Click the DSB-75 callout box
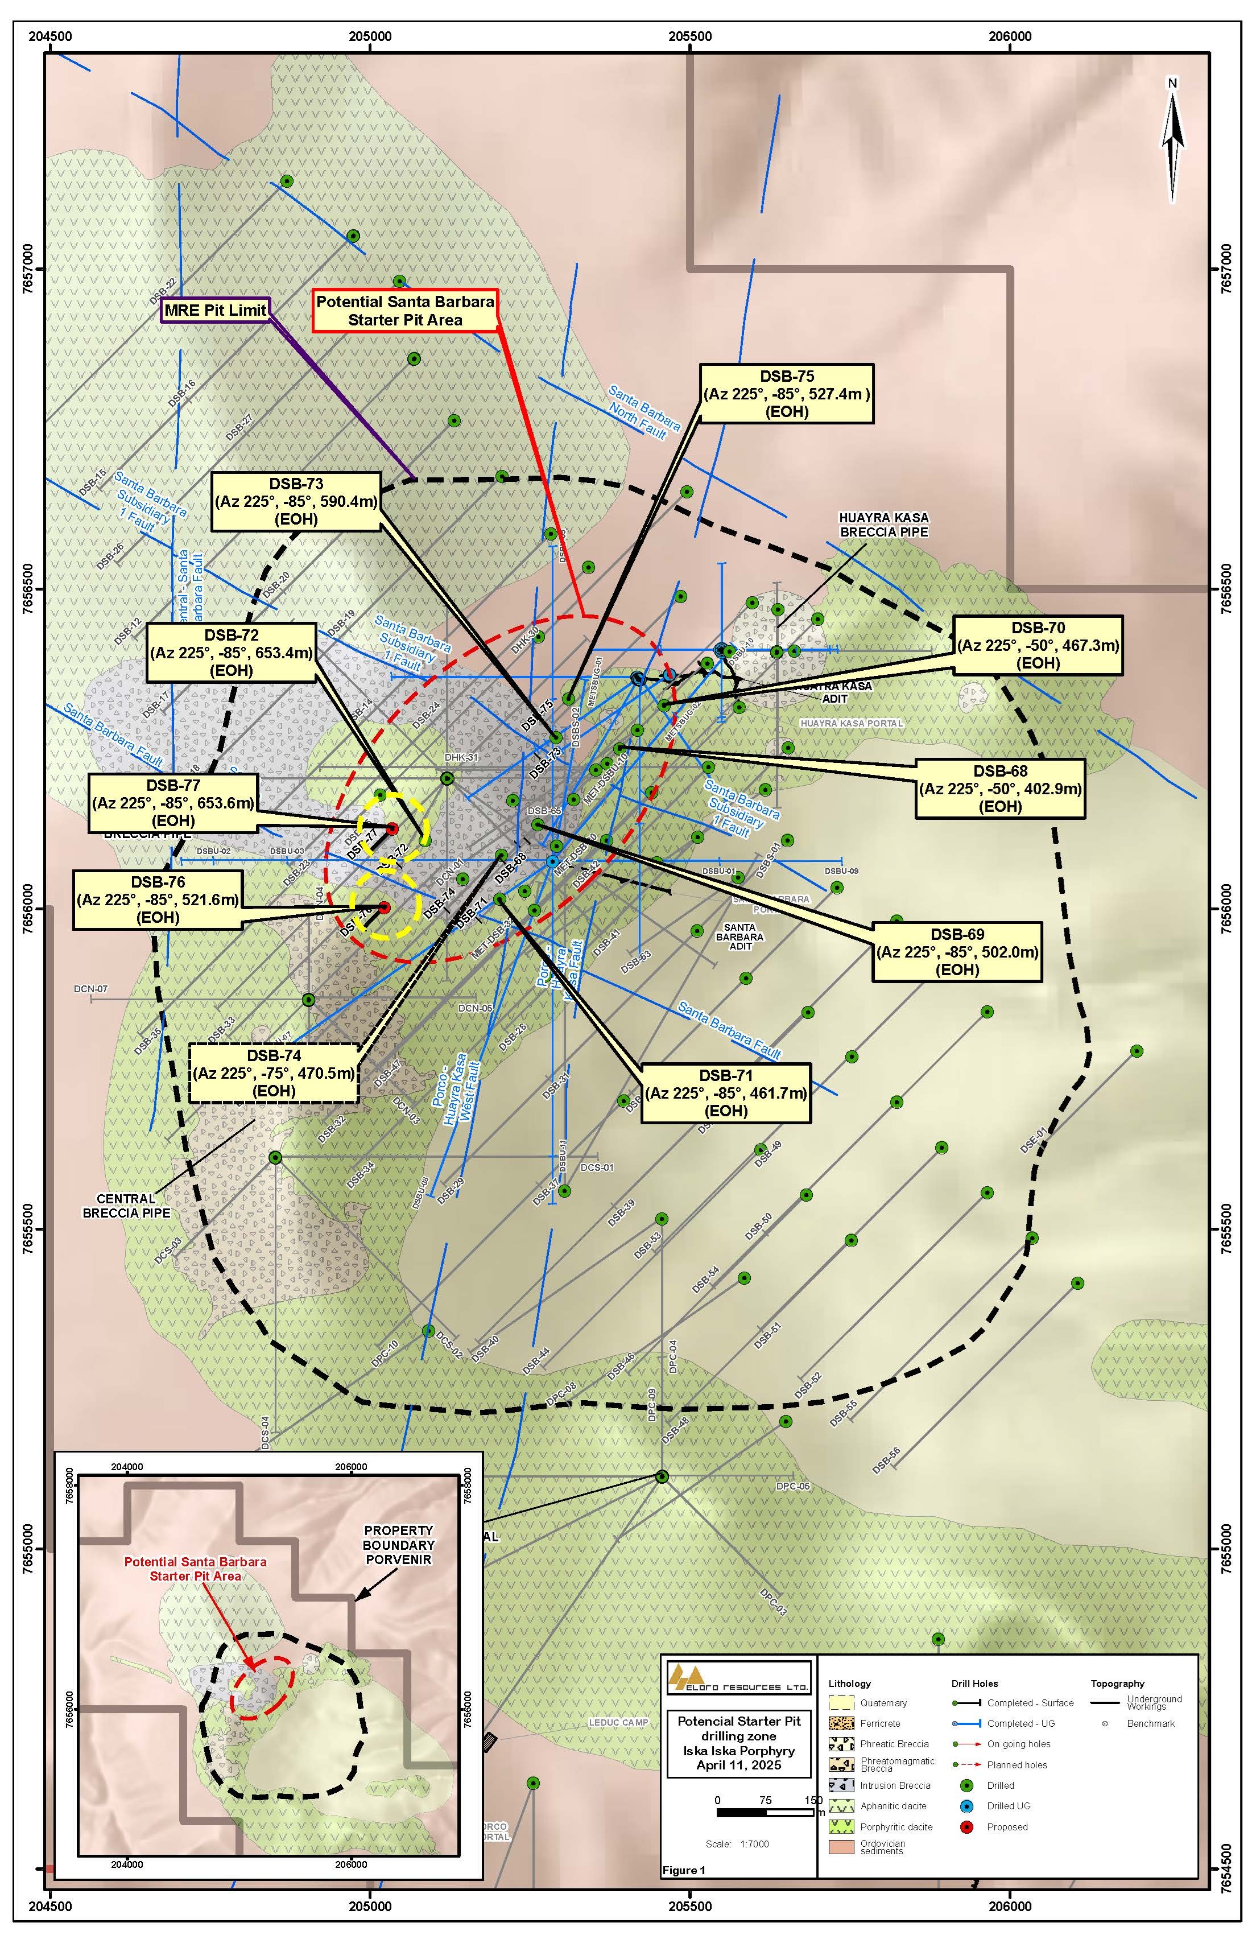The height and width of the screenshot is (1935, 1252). (786, 394)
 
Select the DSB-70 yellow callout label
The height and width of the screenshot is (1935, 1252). (1038, 645)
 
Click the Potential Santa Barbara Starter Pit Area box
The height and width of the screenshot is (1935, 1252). (405, 311)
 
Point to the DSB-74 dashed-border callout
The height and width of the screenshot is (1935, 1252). (274, 1072)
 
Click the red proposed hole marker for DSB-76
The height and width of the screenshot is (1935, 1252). (385, 907)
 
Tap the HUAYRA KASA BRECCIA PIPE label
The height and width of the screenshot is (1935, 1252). (884, 525)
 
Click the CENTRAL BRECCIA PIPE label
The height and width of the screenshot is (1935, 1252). (126, 1205)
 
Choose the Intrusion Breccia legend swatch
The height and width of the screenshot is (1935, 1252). (840, 1785)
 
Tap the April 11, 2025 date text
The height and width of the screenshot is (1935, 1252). (738, 1764)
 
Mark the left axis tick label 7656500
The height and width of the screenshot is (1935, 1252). (36, 588)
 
